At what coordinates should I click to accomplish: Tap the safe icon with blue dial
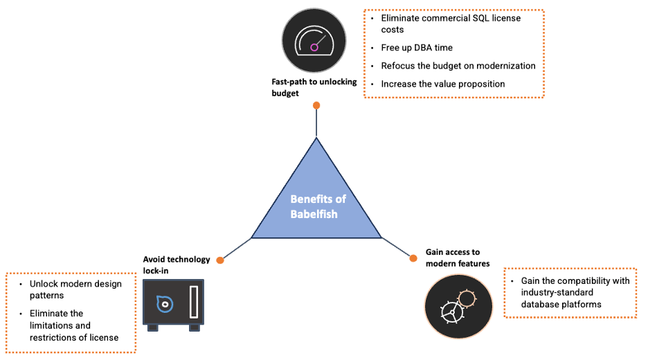(x=172, y=302)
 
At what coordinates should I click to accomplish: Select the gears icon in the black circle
(x=458, y=305)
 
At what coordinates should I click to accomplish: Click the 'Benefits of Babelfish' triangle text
(x=317, y=206)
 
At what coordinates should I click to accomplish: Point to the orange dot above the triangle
(x=316, y=105)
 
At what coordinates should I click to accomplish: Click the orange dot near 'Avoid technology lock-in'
(x=219, y=260)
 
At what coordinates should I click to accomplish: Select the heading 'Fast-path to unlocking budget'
(x=314, y=87)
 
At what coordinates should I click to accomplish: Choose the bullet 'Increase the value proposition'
(x=442, y=84)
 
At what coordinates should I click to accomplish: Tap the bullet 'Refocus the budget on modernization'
(x=458, y=66)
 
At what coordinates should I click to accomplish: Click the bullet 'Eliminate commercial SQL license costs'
(x=450, y=24)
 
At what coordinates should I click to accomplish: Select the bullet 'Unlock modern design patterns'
(x=75, y=289)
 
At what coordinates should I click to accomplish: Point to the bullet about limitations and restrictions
(x=73, y=325)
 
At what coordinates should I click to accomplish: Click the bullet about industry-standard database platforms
(x=572, y=292)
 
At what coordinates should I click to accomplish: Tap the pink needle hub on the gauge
(x=314, y=47)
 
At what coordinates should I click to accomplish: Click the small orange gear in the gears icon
(x=467, y=298)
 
